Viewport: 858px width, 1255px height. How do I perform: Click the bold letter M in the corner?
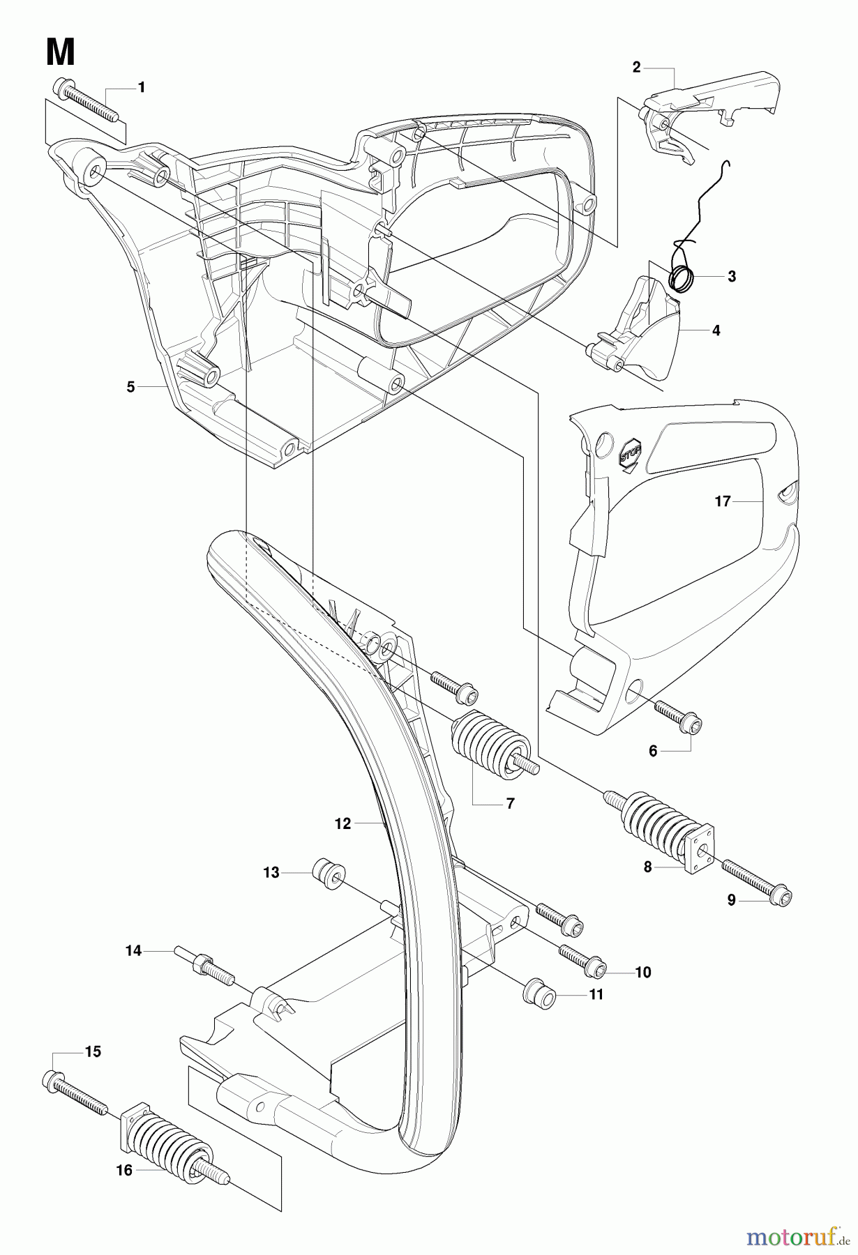point(61,52)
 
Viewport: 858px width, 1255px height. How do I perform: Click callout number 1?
point(142,88)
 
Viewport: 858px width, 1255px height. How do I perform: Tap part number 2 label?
point(636,67)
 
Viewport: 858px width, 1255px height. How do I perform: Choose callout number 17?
point(722,501)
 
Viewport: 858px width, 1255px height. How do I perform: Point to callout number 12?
point(343,823)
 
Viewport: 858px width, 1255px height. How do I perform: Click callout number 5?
point(131,387)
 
